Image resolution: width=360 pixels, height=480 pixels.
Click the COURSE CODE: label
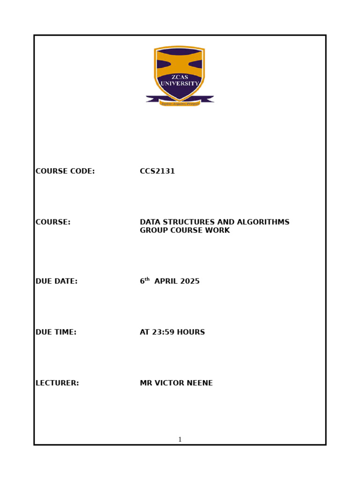tap(65, 172)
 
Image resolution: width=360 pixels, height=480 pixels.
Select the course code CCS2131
tap(157, 172)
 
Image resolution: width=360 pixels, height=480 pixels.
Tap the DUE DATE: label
tap(56, 282)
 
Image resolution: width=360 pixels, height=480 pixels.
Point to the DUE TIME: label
tap(56, 332)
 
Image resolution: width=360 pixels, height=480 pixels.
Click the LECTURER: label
tap(57, 383)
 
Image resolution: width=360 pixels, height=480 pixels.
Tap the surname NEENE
tap(200, 383)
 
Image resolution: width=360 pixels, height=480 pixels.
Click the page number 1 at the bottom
tap(180, 440)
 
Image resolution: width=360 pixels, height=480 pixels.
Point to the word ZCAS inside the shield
tap(180, 77)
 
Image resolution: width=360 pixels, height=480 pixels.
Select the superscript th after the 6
tap(147, 279)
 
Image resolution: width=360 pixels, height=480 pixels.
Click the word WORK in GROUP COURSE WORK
tap(219, 231)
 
